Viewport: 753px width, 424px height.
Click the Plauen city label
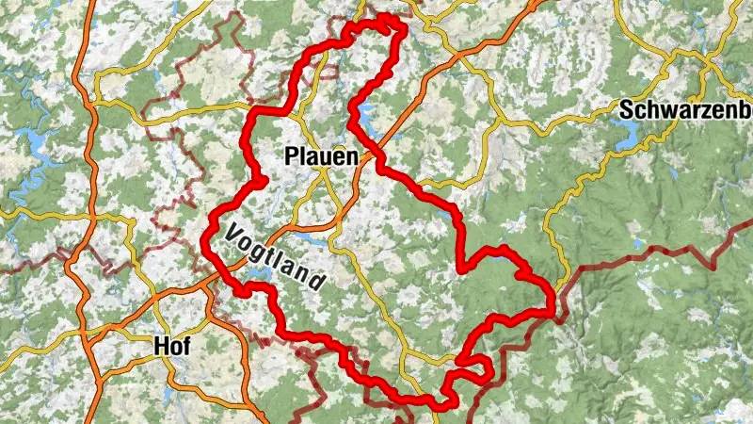321,155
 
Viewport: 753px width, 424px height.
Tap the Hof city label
172,347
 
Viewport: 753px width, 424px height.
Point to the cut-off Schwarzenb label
685,109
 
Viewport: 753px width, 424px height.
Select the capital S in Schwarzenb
626,109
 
